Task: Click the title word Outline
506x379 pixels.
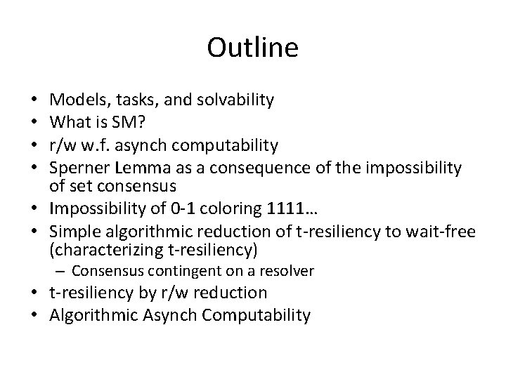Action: pyautogui.click(x=253, y=48)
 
